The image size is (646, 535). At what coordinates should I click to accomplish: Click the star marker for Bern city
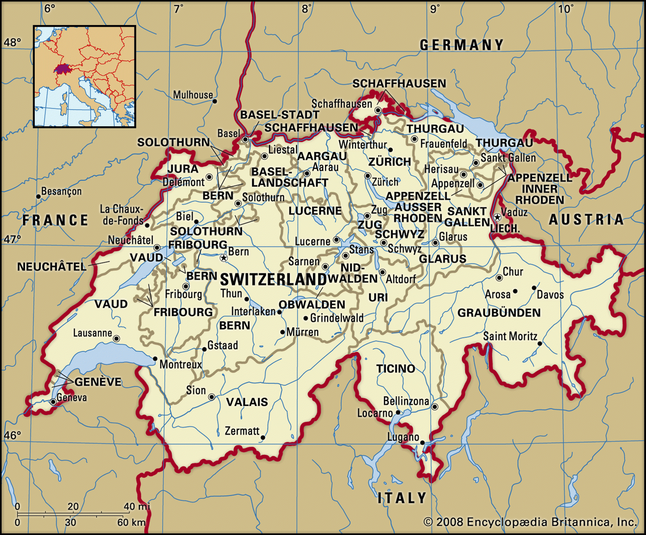(224, 258)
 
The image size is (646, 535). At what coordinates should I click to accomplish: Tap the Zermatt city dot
(263, 437)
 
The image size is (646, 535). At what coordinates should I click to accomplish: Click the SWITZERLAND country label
(273, 279)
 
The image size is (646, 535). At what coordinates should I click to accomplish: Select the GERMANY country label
(462, 45)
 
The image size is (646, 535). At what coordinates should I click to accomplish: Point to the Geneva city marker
(53, 402)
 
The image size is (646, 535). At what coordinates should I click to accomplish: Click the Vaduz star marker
(497, 217)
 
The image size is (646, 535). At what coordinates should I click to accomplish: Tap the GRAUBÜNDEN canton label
(499, 313)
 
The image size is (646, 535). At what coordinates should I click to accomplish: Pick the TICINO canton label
(396, 368)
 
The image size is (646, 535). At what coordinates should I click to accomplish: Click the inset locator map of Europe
(84, 77)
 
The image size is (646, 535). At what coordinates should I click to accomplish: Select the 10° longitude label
(565, 9)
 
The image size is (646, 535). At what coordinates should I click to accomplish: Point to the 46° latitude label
(12, 435)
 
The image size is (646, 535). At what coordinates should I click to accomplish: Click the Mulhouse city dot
(215, 101)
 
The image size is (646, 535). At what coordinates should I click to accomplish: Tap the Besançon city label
(61, 191)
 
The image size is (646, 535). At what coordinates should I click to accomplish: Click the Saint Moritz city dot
(540, 344)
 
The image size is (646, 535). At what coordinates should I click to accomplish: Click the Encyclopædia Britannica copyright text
(530, 522)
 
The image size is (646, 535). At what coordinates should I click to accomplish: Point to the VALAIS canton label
(247, 402)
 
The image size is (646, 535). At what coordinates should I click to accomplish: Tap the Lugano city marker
(422, 443)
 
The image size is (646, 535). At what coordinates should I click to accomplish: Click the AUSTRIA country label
(586, 219)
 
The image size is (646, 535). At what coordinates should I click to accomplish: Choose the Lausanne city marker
(116, 339)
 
